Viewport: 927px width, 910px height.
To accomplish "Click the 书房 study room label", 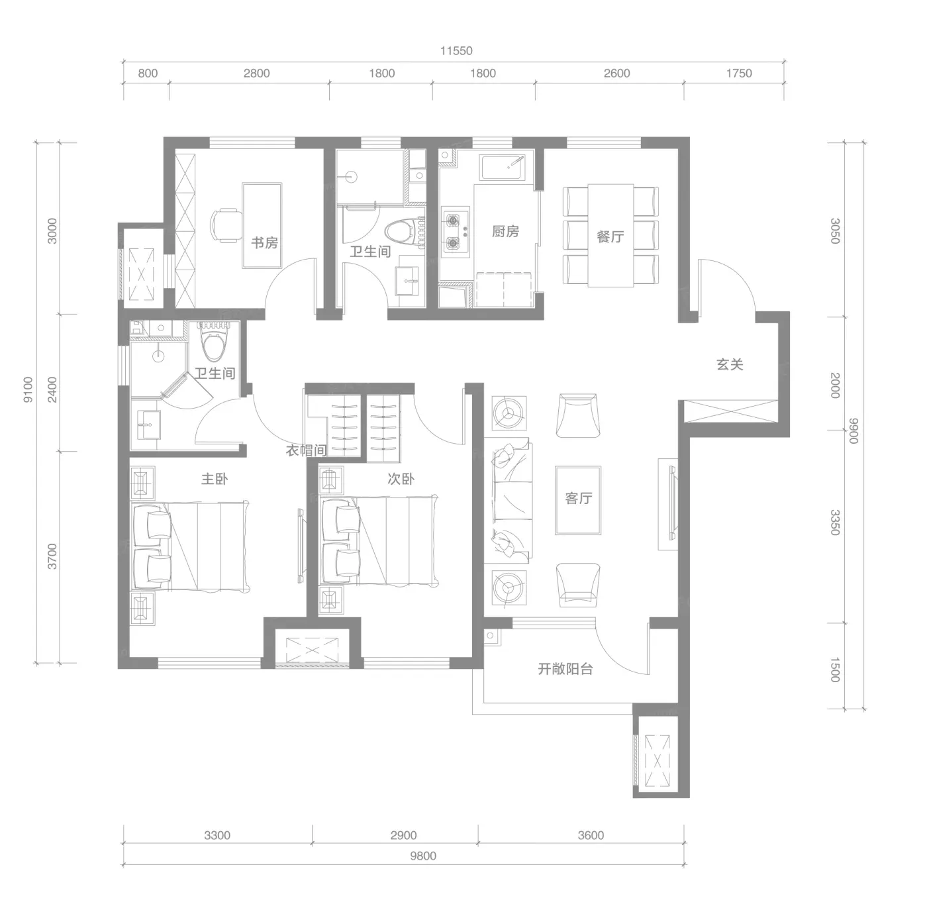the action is [x=265, y=242].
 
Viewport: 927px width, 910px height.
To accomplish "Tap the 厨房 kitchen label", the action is [x=505, y=231].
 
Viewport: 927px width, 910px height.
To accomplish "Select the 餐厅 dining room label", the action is [x=610, y=236].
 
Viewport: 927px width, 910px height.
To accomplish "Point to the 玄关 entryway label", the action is [x=730, y=364].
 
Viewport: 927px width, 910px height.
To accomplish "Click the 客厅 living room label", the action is [x=578, y=498].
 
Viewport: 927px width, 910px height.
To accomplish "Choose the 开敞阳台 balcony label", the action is [x=565, y=669].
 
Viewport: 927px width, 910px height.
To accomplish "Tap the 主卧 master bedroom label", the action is [x=215, y=479].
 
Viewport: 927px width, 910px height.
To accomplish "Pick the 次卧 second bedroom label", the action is [x=401, y=479].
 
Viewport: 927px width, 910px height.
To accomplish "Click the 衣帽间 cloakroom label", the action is [x=307, y=450].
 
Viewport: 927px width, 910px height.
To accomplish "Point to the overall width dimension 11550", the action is [x=456, y=50].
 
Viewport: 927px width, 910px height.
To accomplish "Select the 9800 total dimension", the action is [x=423, y=856].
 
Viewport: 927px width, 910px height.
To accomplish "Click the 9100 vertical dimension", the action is [x=28, y=390].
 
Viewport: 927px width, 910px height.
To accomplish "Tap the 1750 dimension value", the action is [x=739, y=73].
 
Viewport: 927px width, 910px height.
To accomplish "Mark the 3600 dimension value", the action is [x=591, y=835].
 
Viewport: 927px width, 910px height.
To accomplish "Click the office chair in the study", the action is [x=226, y=225].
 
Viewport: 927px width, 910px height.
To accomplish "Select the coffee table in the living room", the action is [x=578, y=501].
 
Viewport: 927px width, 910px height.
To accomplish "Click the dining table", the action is [x=610, y=236].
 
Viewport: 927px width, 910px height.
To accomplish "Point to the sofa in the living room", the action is [x=511, y=501].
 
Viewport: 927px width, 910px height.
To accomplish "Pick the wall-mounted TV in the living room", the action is [x=673, y=503].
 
